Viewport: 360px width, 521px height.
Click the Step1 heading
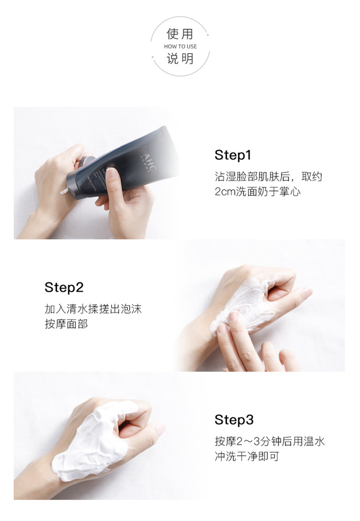[x=233, y=155]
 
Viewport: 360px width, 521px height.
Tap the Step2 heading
[x=64, y=288]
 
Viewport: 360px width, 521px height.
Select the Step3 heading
[x=234, y=419]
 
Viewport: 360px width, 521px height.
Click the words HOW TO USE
[x=180, y=46]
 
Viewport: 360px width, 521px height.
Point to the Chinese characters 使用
[x=180, y=34]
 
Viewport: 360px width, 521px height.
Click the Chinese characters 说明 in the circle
[x=180, y=59]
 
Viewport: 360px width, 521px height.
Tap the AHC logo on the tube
[x=148, y=163]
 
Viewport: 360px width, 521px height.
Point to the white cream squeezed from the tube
[x=64, y=191]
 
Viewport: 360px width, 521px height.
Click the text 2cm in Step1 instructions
[x=225, y=192]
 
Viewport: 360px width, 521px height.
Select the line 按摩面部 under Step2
[x=66, y=324]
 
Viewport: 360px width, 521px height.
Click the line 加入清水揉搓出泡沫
[x=93, y=309]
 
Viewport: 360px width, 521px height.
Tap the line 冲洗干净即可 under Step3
[x=247, y=456]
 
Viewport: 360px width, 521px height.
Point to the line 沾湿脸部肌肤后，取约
[x=269, y=176]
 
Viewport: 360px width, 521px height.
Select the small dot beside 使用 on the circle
[x=208, y=35]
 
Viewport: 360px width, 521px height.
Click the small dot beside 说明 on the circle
[x=152, y=57]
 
